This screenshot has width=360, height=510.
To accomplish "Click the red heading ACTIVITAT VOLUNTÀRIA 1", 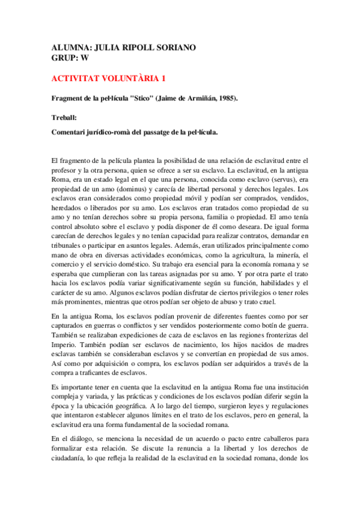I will (x=109, y=79).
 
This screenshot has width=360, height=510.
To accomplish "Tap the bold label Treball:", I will (x=64, y=117).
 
